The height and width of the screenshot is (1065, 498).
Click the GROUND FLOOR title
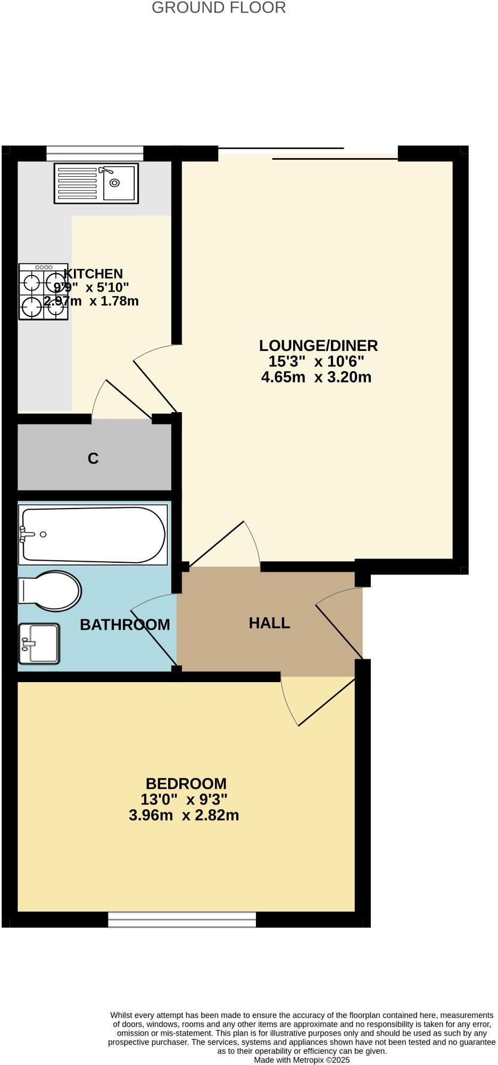[219, 8]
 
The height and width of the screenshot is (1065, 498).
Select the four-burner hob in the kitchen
[43, 291]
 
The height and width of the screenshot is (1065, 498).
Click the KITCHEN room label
[93, 274]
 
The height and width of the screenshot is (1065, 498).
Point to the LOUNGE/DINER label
[318, 346]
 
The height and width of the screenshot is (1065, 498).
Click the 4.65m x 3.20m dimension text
[316, 378]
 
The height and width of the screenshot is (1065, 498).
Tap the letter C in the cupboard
[93, 458]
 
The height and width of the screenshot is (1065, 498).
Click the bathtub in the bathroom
[93, 534]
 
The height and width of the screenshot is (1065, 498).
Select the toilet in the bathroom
[51, 591]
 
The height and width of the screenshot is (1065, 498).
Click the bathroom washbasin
[39, 644]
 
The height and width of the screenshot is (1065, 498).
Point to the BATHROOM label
[124, 625]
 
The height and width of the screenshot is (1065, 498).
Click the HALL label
[269, 623]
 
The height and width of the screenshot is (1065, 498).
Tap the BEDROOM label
[186, 784]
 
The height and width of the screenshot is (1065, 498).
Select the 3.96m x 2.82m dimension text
[184, 815]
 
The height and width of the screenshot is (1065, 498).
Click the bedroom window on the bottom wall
[182, 920]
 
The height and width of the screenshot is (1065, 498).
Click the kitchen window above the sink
[95, 153]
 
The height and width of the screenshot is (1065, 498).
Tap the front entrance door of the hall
[341, 626]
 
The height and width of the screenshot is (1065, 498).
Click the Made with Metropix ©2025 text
[302, 1060]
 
